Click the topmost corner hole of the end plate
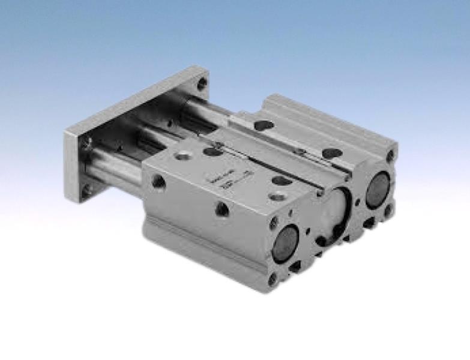pyautogui.click(x=202, y=84)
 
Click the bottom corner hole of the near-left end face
pyautogui.click(x=273, y=277)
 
